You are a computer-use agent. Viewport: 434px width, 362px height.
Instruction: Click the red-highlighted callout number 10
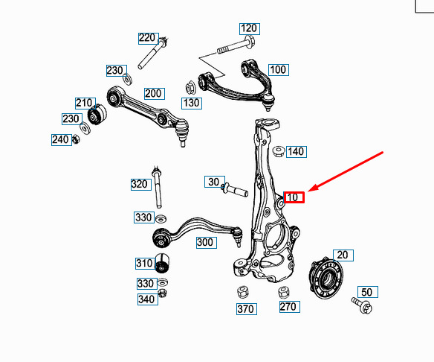tap(294, 197)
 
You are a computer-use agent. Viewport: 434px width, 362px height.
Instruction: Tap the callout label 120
tap(250, 29)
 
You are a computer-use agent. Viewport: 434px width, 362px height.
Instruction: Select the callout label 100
tap(279, 70)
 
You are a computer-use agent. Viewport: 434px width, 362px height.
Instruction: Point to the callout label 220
tap(149, 38)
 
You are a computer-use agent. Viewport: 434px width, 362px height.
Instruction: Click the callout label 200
tap(155, 94)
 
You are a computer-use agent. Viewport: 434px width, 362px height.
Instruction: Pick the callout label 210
tap(85, 104)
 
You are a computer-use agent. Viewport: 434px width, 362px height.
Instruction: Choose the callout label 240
tap(62, 139)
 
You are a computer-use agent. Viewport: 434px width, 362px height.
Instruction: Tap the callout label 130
tap(192, 104)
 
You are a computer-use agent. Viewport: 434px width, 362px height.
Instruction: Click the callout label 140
tap(297, 152)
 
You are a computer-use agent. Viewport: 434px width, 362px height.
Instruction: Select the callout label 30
tap(215, 182)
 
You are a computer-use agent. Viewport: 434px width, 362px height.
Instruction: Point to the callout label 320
tap(141, 185)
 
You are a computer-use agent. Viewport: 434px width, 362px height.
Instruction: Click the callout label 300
tap(207, 243)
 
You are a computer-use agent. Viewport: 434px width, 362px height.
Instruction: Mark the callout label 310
tap(145, 263)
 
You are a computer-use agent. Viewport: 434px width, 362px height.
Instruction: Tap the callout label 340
tap(148, 299)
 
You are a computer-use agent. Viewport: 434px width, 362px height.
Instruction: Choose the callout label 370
tap(247, 309)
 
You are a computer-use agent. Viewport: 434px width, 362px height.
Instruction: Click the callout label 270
tap(290, 307)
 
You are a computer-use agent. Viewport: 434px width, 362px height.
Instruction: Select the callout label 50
tap(368, 292)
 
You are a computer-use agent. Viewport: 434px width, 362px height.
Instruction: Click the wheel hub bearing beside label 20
tap(326, 279)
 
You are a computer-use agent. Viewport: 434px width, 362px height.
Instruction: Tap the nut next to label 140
tap(279, 151)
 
